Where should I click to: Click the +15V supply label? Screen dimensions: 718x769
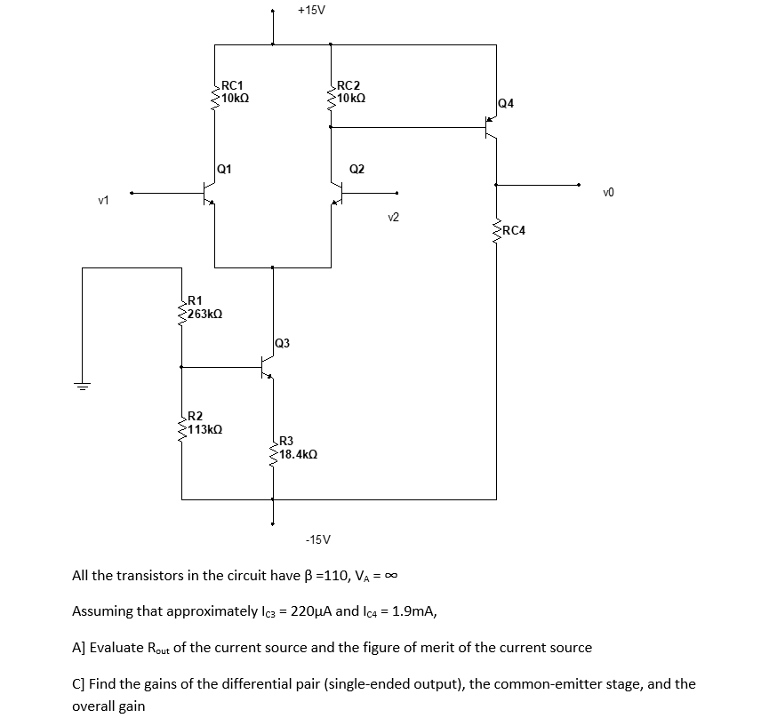coord(311,11)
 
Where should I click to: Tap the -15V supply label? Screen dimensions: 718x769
coord(316,539)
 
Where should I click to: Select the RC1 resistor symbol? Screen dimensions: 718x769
coord(214,92)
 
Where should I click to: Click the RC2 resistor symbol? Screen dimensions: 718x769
coord(331,92)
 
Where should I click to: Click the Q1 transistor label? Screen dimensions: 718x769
coord(226,168)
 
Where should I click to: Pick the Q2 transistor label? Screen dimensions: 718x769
coord(356,168)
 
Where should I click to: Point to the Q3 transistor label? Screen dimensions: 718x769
coord(281,342)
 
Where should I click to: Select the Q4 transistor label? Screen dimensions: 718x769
coord(506,104)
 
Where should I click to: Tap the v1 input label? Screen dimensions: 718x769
coord(103,200)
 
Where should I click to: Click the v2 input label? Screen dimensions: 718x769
coord(394,216)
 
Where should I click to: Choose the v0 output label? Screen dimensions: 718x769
coord(608,191)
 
